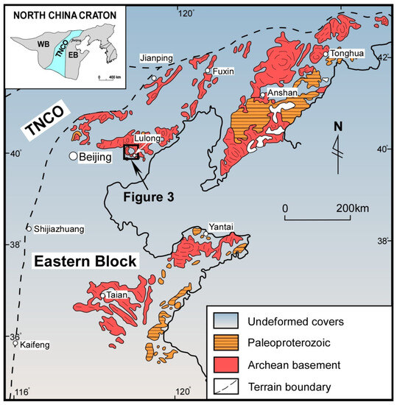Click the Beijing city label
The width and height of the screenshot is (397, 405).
click(x=96, y=157)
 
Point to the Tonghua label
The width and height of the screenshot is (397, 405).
click(x=348, y=54)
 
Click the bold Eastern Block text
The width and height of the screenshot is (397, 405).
click(x=85, y=261)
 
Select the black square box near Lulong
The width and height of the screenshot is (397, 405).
click(x=132, y=152)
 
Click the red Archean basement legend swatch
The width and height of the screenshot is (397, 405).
click(x=225, y=364)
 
